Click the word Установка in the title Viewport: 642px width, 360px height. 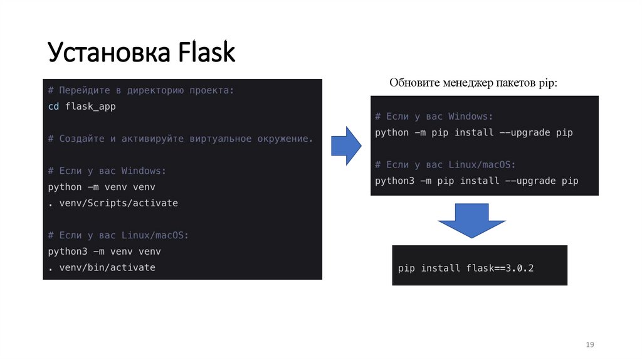click(110, 53)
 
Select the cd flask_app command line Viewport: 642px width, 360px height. click(82, 107)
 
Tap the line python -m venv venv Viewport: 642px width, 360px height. click(102, 187)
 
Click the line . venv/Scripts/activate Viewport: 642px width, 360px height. click(113, 203)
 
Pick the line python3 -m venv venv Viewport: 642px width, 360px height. click(104, 251)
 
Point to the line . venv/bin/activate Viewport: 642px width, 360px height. click(102, 267)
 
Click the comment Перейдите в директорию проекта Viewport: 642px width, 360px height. click(141, 90)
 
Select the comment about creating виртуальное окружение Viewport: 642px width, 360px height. click(180, 139)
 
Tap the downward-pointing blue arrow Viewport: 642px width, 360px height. click(471, 220)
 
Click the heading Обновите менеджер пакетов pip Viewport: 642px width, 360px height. click(473, 83)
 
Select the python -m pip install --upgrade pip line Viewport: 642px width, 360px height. click(473, 132)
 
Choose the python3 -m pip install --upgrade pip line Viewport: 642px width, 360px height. click(476, 181)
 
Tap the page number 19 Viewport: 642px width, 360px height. click(589, 345)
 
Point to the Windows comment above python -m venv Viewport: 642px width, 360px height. click(107, 171)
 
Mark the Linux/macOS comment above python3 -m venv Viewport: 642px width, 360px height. click(118, 235)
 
